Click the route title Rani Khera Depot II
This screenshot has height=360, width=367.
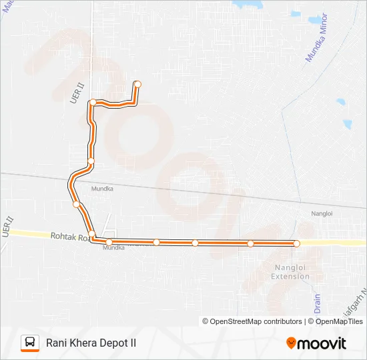point(91,343)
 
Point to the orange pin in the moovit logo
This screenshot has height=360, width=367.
point(291,343)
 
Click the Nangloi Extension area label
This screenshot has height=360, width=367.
point(290,272)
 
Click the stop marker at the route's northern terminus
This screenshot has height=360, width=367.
point(137,84)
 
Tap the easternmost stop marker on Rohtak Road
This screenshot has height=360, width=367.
point(297,243)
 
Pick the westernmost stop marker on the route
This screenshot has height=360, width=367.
point(76,204)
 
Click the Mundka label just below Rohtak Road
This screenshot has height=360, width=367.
point(113,247)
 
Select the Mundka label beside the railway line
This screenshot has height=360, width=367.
point(102,189)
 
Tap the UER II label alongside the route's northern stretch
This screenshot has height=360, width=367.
point(76,93)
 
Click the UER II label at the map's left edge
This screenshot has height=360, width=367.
point(7,225)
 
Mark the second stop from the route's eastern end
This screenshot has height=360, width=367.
point(250,243)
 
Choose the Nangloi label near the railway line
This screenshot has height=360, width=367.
point(322,213)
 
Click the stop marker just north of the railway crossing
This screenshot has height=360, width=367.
point(91,161)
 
